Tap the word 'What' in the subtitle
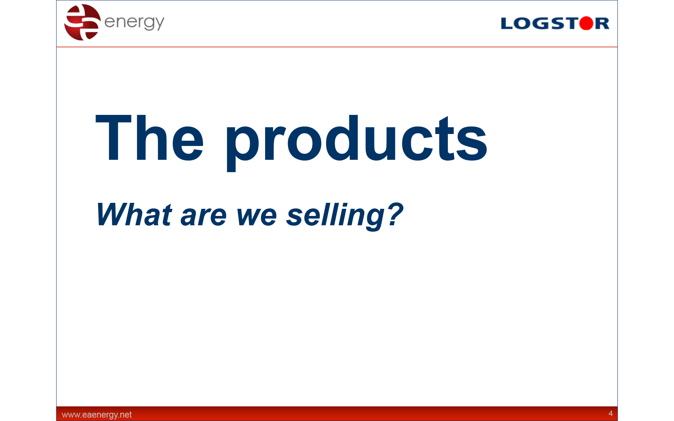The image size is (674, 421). [x=134, y=214]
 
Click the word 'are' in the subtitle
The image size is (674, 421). [x=203, y=217]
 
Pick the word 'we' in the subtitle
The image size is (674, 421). [x=257, y=217]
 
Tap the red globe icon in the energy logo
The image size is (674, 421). [x=82, y=22]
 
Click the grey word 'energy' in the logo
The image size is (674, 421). [x=134, y=23]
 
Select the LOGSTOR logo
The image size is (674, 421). [x=555, y=23]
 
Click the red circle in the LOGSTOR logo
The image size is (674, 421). [x=586, y=23]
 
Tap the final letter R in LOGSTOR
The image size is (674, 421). [x=602, y=23]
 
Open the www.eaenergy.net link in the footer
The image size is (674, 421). [x=97, y=415]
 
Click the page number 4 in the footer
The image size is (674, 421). [x=610, y=414]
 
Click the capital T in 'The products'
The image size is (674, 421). [x=113, y=138]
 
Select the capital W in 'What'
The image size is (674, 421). [x=114, y=214]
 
